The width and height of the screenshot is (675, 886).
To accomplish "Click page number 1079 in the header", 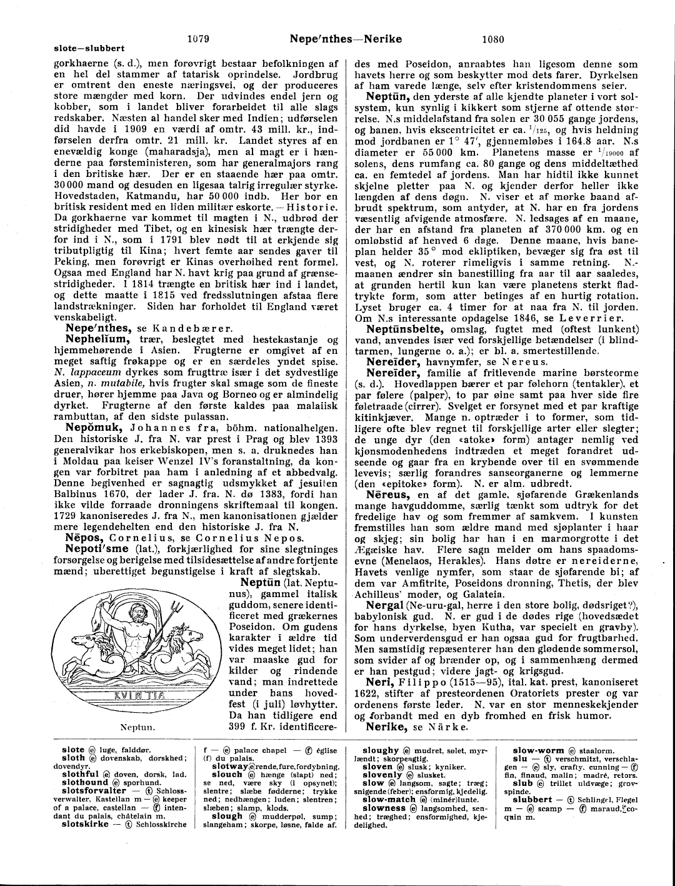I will tap(198, 39).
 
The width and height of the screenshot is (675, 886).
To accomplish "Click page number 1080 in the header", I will tap(493, 39).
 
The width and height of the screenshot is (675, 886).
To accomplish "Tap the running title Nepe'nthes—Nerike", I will tap(346, 39).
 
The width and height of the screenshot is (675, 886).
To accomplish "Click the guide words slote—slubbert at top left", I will tap(89, 48).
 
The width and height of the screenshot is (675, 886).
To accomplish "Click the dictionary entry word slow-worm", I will tap(539, 750).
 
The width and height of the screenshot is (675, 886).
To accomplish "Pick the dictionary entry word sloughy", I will tap(381, 750).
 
